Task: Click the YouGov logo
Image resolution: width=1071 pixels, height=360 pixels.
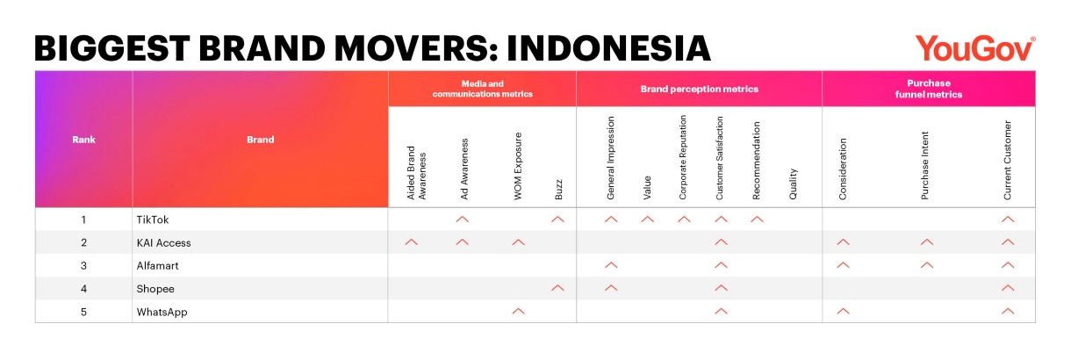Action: click(975, 49)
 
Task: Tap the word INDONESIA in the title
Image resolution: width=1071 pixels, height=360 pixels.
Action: click(608, 49)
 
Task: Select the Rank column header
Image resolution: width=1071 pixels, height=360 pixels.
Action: click(83, 140)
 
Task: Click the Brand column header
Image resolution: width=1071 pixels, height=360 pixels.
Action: click(260, 140)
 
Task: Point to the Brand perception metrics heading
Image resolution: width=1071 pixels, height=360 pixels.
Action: click(699, 89)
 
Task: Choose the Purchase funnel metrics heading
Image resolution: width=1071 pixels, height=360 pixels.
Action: click(929, 89)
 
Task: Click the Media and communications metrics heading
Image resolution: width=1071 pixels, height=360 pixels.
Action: click(483, 89)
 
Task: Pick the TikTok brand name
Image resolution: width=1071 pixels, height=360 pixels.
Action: click(153, 220)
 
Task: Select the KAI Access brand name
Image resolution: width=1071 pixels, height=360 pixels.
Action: click(163, 243)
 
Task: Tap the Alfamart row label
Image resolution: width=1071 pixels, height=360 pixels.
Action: click(157, 266)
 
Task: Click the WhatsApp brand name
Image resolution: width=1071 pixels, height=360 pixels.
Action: click(162, 313)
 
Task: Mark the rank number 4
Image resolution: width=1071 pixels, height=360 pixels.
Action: click(83, 289)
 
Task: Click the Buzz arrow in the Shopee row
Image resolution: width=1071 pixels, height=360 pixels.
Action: click(557, 288)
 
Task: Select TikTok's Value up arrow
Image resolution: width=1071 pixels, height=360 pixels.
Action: click(647, 219)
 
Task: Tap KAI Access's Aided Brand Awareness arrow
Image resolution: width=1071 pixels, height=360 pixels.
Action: click(411, 242)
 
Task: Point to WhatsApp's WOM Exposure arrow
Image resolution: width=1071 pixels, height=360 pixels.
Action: click(518, 311)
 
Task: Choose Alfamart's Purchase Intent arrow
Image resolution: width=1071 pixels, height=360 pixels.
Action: click(927, 265)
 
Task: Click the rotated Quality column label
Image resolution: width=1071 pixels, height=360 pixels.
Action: click(793, 184)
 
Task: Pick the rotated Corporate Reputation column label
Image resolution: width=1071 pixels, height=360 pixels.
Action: click(683, 157)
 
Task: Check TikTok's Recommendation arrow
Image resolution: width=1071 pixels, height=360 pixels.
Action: click(757, 219)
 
